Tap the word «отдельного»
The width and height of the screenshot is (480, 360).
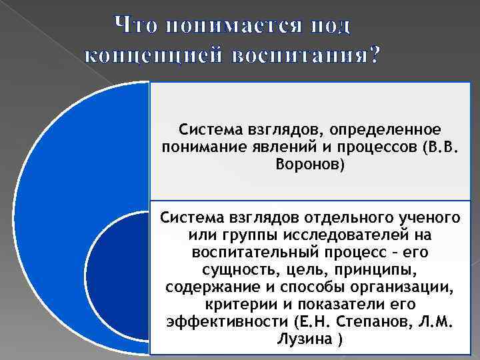point(343,218)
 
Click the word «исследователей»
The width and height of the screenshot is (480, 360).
point(357,235)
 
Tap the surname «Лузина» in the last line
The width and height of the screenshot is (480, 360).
point(305,339)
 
